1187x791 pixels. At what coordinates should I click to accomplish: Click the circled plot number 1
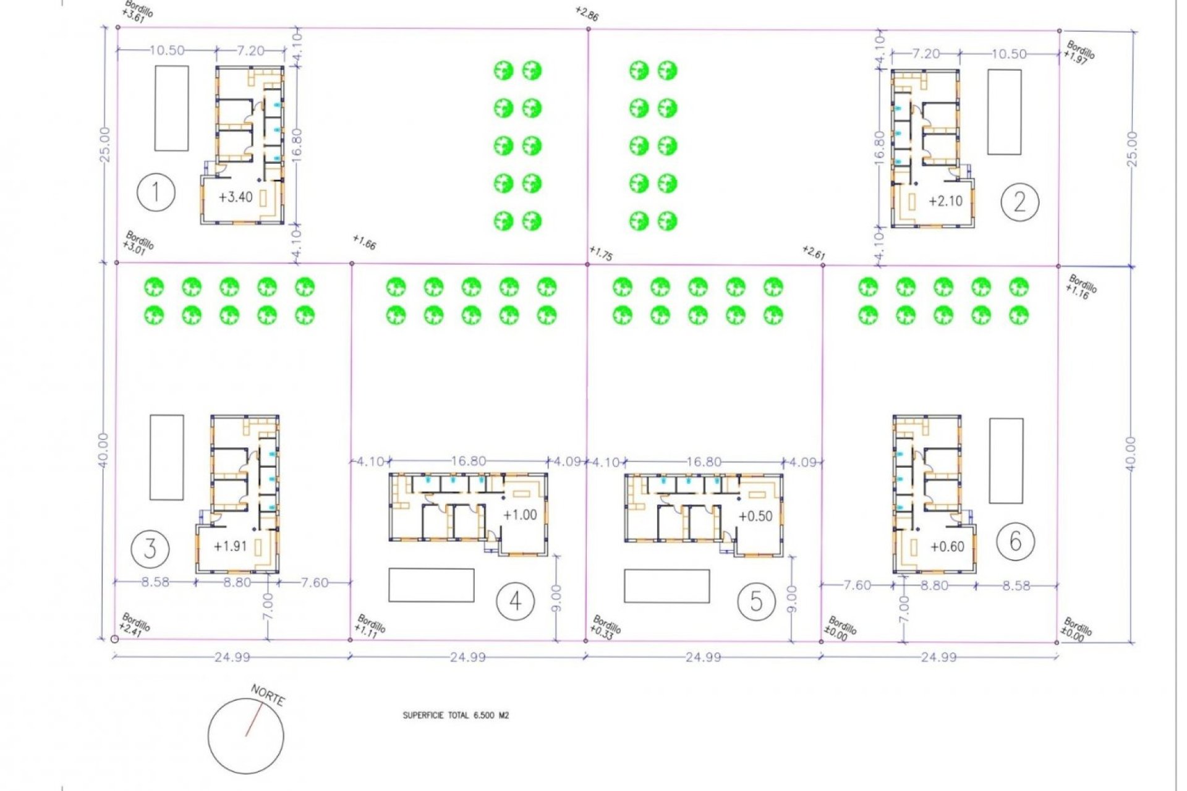click(x=156, y=192)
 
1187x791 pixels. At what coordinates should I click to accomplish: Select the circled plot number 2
click(x=1019, y=202)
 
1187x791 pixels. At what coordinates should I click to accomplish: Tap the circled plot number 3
click(x=150, y=548)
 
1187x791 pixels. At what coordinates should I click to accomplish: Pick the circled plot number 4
click(x=516, y=601)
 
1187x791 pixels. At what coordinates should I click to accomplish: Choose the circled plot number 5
click(x=756, y=601)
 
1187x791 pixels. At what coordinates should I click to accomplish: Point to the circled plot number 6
click(x=1015, y=541)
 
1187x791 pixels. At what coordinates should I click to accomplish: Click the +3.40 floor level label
click(x=236, y=197)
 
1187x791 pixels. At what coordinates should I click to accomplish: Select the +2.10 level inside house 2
click(x=945, y=201)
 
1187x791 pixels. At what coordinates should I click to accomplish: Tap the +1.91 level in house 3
click(x=230, y=546)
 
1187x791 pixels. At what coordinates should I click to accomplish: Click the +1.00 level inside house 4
click(x=520, y=515)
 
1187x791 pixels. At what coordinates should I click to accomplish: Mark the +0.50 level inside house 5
click(x=755, y=516)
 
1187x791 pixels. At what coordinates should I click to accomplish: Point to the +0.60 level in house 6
click(x=947, y=546)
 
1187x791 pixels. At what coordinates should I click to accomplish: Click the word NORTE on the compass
click(x=268, y=696)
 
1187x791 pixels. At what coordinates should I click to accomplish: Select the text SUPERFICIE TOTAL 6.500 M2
click(x=456, y=716)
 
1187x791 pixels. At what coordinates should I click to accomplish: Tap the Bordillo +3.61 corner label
click(x=137, y=12)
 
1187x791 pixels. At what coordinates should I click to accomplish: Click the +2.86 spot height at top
click(x=586, y=14)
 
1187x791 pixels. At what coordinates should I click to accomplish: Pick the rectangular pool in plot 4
click(x=431, y=585)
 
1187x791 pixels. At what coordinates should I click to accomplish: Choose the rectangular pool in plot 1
click(x=171, y=108)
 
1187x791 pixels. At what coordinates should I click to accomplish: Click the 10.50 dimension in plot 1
click(x=167, y=51)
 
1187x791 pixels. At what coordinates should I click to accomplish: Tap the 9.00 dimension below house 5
click(x=792, y=598)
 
